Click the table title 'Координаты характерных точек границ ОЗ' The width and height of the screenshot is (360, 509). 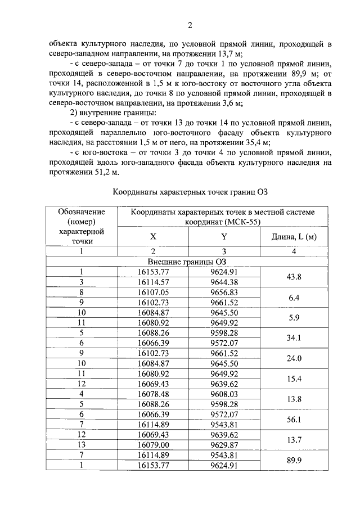pos(190,191)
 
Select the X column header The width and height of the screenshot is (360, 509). pos(152,237)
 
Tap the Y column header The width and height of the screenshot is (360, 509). pos(223,237)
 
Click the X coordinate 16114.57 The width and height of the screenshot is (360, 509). pos(152,282)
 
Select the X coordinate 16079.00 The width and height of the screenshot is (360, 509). pos(152,445)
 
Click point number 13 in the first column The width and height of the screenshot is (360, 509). pos(82,445)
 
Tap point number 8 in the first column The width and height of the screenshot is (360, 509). pos(82,292)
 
